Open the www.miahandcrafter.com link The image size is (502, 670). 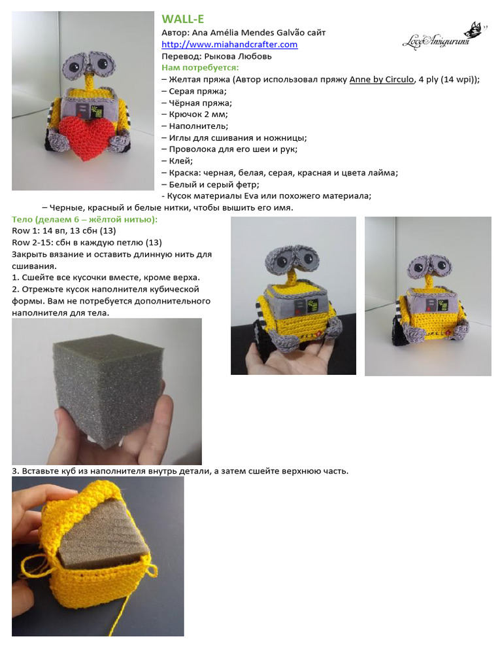click(229, 44)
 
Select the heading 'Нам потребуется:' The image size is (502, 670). click(200, 67)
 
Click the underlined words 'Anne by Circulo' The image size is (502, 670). click(382, 79)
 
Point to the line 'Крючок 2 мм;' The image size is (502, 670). click(194, 114)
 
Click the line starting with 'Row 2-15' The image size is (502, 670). click(87, 242)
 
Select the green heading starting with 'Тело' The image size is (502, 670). click(84, 219)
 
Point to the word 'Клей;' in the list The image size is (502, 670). click(181, 161)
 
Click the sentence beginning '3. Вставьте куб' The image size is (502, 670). click(180, 470)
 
